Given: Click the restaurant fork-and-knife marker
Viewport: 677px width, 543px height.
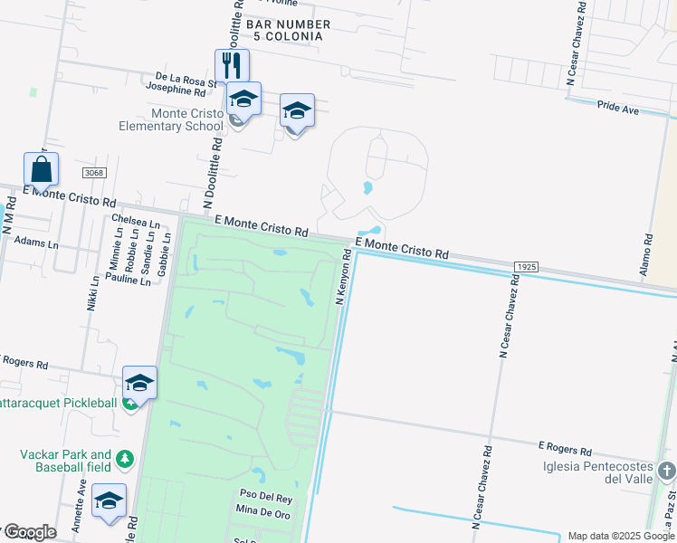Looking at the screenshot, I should (x=232, y=65).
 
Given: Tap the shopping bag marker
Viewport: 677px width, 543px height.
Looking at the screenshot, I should (x=41, y=168).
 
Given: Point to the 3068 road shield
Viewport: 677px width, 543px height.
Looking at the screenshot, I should (x=92, y=173).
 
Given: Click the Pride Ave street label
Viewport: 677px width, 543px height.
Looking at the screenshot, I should (x=618, y=109).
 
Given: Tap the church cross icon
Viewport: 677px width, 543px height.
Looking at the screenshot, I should (x=666, y=471).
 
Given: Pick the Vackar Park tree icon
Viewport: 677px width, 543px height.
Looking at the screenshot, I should (x=124, y=460).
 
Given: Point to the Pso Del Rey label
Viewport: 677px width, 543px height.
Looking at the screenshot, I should (x=265, y=498).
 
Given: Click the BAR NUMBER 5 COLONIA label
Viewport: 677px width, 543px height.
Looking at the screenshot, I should (x=280, y=30).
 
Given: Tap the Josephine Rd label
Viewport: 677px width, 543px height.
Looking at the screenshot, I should (x=176, y=90).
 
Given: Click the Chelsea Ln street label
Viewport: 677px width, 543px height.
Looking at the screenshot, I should (x=135, y=220).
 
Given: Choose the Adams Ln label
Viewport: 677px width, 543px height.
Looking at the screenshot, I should (x=36, y=244).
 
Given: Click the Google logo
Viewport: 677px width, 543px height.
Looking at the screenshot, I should (x=29, y=531).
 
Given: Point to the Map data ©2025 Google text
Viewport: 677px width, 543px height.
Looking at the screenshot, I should (x=620, y=536).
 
